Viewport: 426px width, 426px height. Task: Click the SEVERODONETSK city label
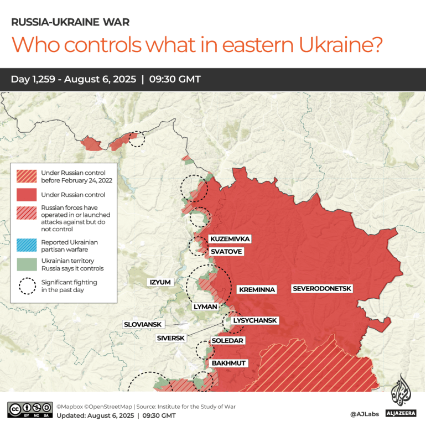[322, 289]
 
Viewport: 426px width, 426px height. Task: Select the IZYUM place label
[160, 282]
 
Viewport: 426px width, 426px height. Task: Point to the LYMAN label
[205, 306]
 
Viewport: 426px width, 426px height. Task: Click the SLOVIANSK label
[143, 324]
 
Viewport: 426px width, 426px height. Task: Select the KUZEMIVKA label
[230, 239]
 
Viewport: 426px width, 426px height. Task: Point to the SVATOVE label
[226, 251]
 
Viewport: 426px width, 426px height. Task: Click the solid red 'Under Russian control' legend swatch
[27, 195]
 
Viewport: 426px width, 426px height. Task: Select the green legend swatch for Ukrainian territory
[27, 264]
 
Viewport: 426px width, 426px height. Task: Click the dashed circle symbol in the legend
[27, 286]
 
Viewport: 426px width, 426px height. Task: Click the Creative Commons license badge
[30, 409]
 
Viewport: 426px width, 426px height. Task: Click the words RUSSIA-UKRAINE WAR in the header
[70, 23]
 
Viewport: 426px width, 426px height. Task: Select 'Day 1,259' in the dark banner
[34, 79]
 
